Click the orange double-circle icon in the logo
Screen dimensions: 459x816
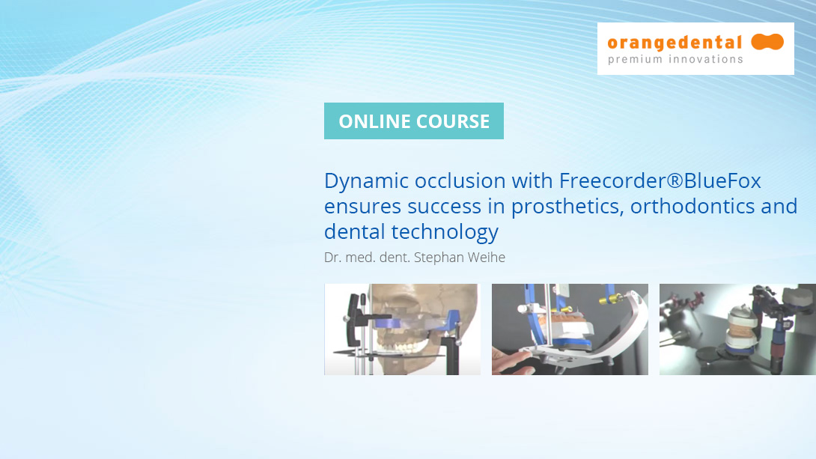[x=767, y=42]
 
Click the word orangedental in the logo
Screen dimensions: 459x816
[x=675, y=43]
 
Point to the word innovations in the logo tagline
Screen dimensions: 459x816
[x=704, y=60]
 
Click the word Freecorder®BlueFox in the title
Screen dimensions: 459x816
[x=660, y=181]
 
